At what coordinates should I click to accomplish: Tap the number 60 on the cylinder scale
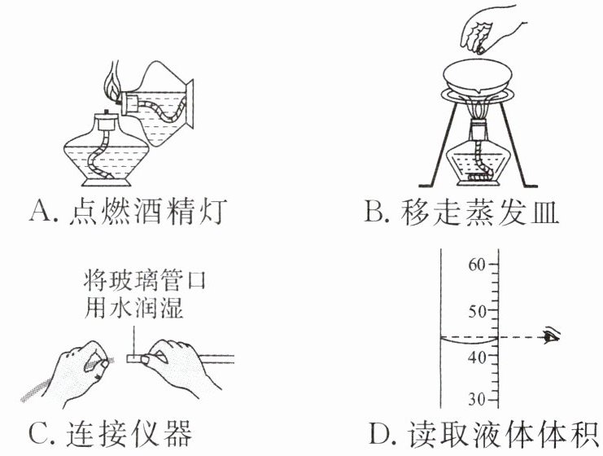(478, 263)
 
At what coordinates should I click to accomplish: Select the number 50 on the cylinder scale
(478, 312)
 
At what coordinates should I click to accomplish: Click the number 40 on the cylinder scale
(478, 356)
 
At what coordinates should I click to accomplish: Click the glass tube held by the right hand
(212, 357)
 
